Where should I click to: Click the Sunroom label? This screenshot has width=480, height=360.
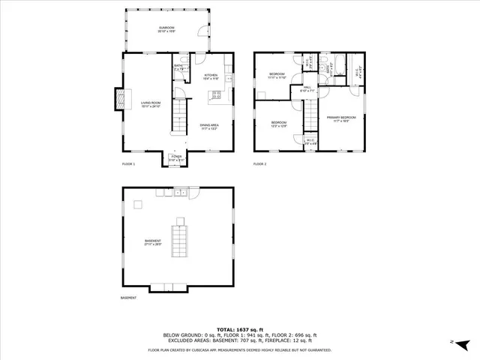(x=166, y=31)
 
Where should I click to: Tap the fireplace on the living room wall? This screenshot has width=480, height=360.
(x=118, y=97)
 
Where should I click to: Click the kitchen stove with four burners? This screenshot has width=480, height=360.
(x=217, y=94)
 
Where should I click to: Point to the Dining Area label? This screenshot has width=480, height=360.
(x=209, y=127)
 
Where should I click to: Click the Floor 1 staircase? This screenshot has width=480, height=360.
(x=180, y=116)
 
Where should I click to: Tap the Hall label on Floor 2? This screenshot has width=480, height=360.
(x=308, y=89)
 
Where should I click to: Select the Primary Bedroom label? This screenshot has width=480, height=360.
(x=340, y=118)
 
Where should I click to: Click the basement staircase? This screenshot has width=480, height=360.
(x=180, y=238)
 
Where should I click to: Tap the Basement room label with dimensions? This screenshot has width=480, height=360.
(x=153, y=241)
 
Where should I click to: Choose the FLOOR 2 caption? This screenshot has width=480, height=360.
(x=259, y=163)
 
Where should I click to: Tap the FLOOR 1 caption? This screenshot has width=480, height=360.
(x=128, y=163)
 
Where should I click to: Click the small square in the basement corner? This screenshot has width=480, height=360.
(x=137, y=205)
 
